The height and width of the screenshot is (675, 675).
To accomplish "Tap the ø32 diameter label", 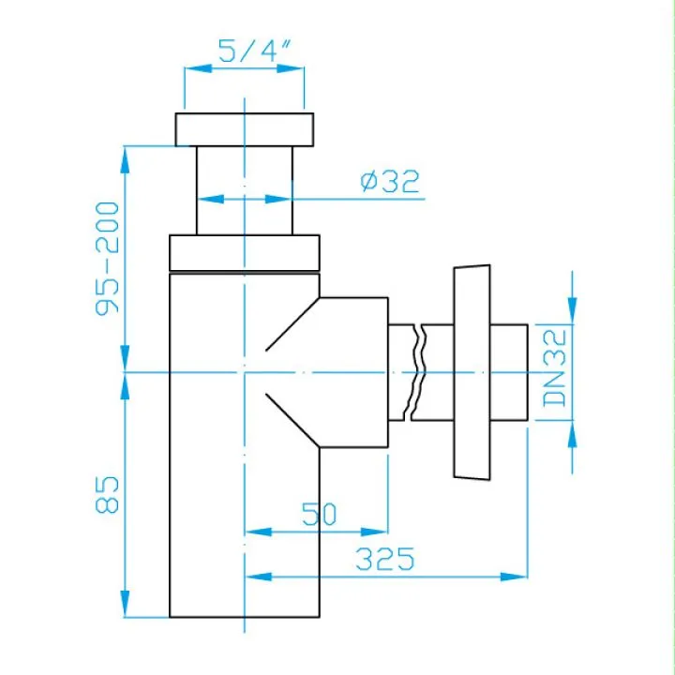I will click(389, 181).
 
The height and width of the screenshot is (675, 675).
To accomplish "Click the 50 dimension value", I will click(319, 514).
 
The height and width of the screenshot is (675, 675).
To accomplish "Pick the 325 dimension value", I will click(384, 560).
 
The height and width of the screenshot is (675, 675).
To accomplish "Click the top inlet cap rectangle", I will click(244, 129).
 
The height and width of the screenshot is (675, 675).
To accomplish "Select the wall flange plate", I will click(471, 372).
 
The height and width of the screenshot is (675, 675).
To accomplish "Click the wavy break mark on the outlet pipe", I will click(417, 371).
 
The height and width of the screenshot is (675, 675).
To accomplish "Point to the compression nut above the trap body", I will click(244, 251).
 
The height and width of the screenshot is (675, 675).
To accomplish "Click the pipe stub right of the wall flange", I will click(508, 372).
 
